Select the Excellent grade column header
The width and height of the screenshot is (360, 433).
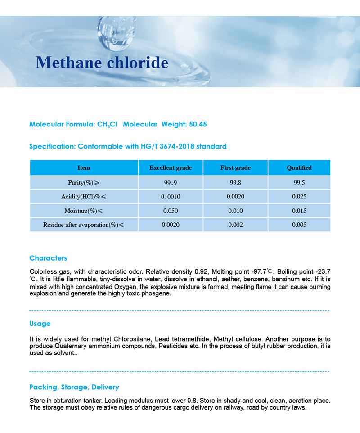[x=171, y=168]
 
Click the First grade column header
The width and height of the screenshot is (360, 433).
[x=235, y=168]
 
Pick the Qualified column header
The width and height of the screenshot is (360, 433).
[x=299, y=168]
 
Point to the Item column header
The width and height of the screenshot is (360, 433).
[x=84, y=168]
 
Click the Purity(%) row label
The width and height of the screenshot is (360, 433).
[x=84, y=182]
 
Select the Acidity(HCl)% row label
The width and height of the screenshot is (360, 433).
[x=84, y=197]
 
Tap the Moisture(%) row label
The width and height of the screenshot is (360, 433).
[x=84, y=211]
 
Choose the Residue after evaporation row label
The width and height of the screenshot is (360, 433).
[x=84, y=225]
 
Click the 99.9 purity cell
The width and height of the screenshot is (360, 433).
[x=171, y=182]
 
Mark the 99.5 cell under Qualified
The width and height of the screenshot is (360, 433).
[x=299, y=182]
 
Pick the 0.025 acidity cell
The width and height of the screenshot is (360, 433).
[x=299, y=197]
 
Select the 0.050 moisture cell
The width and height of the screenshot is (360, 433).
[x=171, y=211]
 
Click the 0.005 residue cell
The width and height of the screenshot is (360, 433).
[x=299, y=225]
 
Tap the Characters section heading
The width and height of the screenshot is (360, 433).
[x=48, y=258]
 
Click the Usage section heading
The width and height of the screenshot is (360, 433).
[x=40, y=324]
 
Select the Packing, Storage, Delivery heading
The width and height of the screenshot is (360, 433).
[x=74, y=387]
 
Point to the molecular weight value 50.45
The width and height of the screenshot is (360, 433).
[x=198, y=124]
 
